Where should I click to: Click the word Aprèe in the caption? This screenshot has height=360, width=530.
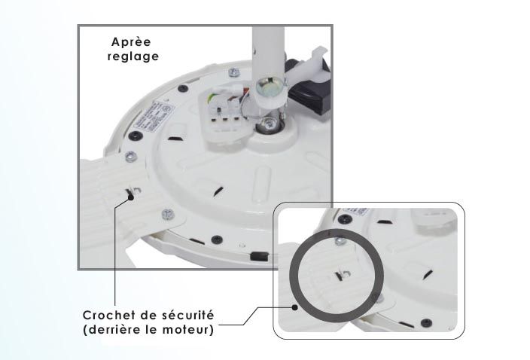131,42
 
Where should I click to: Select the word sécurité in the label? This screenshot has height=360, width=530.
186,314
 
